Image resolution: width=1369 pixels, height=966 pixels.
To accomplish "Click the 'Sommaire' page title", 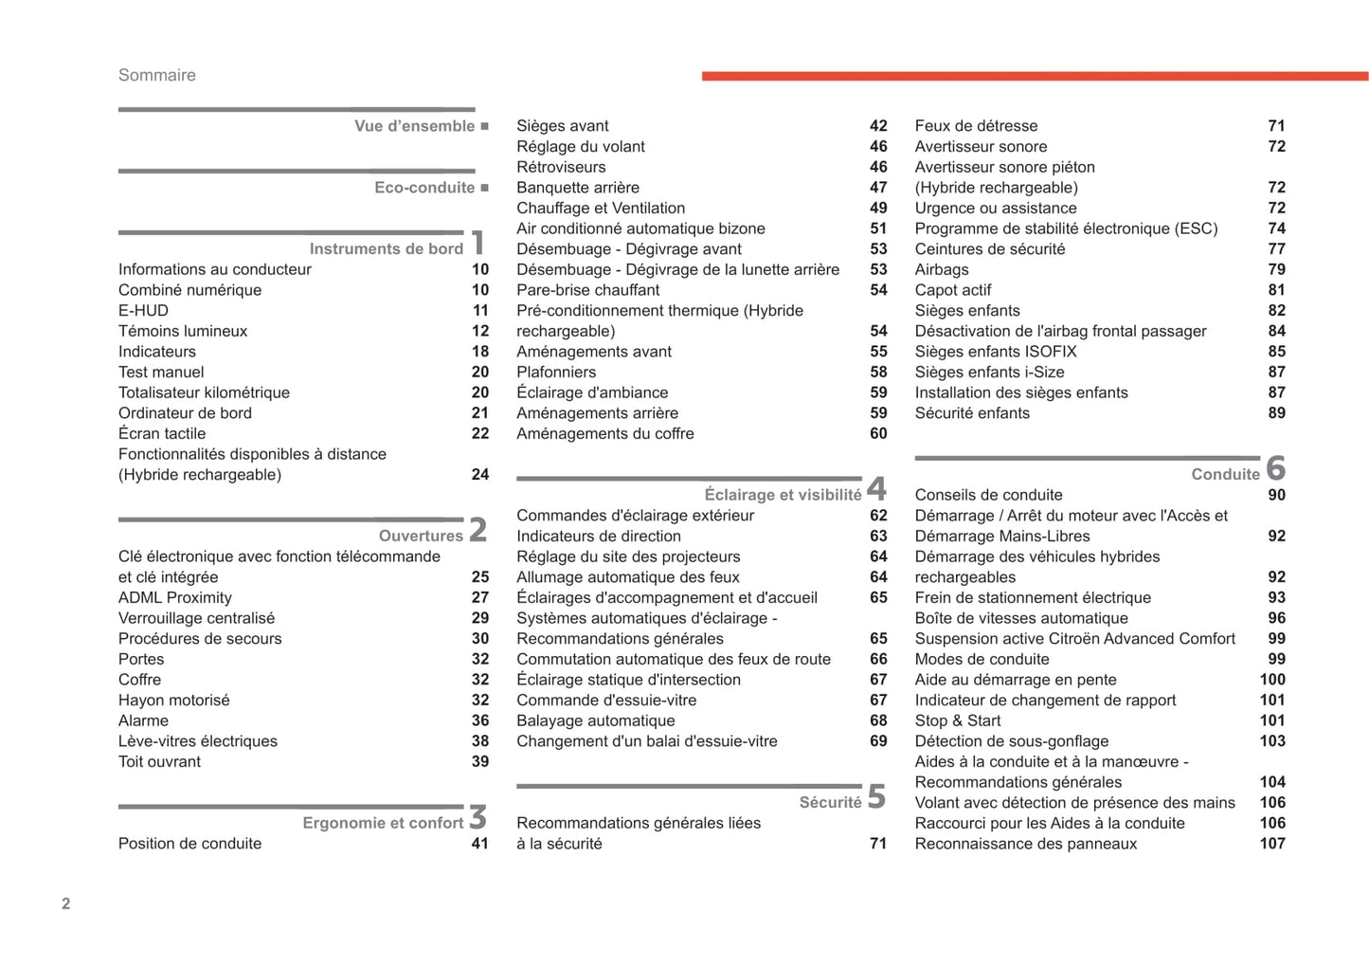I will [x=156, y=75].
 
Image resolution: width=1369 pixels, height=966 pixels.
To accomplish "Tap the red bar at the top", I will [x=1034, y=76].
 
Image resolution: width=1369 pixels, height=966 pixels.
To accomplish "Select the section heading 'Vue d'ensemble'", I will [x=414, y=126].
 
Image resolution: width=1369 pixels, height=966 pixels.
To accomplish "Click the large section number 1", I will [x=478, y=243].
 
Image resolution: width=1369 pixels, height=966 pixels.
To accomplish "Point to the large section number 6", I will [x=1275, y=467].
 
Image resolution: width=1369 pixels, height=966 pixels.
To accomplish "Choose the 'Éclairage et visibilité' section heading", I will [x=783, y=495].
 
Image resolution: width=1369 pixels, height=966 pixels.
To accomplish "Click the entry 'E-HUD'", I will [x=143, y=311].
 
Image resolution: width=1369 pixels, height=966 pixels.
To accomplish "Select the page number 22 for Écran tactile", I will [x=480, y=433].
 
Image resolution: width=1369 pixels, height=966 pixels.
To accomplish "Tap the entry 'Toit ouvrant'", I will [x=159, y=762].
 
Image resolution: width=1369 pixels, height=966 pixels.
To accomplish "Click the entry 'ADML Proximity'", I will [x=174, y=598].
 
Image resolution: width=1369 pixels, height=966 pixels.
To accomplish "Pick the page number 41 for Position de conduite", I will [x=480, y=844].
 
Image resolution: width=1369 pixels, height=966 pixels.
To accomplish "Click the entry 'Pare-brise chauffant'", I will [x=587, y=290].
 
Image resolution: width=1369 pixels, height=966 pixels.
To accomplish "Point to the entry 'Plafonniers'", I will [x=556, y=373].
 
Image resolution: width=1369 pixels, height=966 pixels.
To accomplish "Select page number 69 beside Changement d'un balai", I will [x=878, y=741].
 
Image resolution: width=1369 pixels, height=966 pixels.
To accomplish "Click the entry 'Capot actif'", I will [x=952, y=290].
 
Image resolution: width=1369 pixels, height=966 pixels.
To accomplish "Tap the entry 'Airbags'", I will [x=941, y=270].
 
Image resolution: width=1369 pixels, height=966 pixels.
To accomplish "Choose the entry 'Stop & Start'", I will [x=957, y=720].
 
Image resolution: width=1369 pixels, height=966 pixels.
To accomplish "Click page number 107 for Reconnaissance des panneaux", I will [x=1271, y=844].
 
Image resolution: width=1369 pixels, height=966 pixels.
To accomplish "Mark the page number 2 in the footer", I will [x=65, y=903].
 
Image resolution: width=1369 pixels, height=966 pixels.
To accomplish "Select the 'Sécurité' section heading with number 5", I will [x=830, y=803].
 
